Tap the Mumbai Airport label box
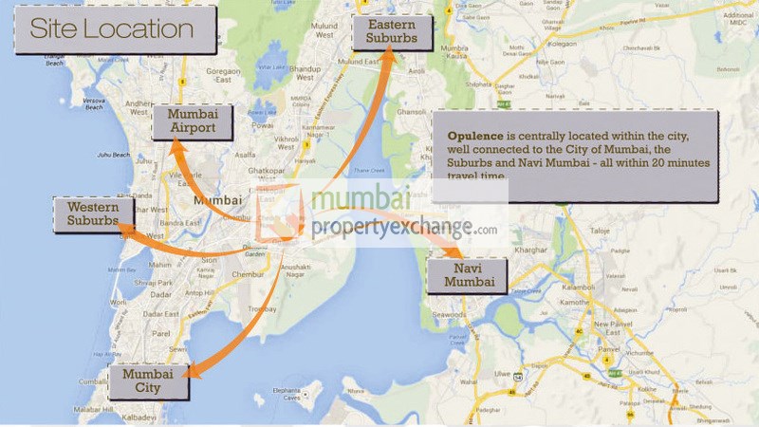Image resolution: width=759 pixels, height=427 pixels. [x=193, y=121]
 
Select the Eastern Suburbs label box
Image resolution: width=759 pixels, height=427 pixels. [x=393, y=32]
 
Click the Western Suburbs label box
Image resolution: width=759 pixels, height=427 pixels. [x=93, y=214]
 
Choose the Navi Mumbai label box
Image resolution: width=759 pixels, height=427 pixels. [x=466, y=275]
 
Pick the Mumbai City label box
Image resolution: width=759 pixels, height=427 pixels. [x=147, y=380]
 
